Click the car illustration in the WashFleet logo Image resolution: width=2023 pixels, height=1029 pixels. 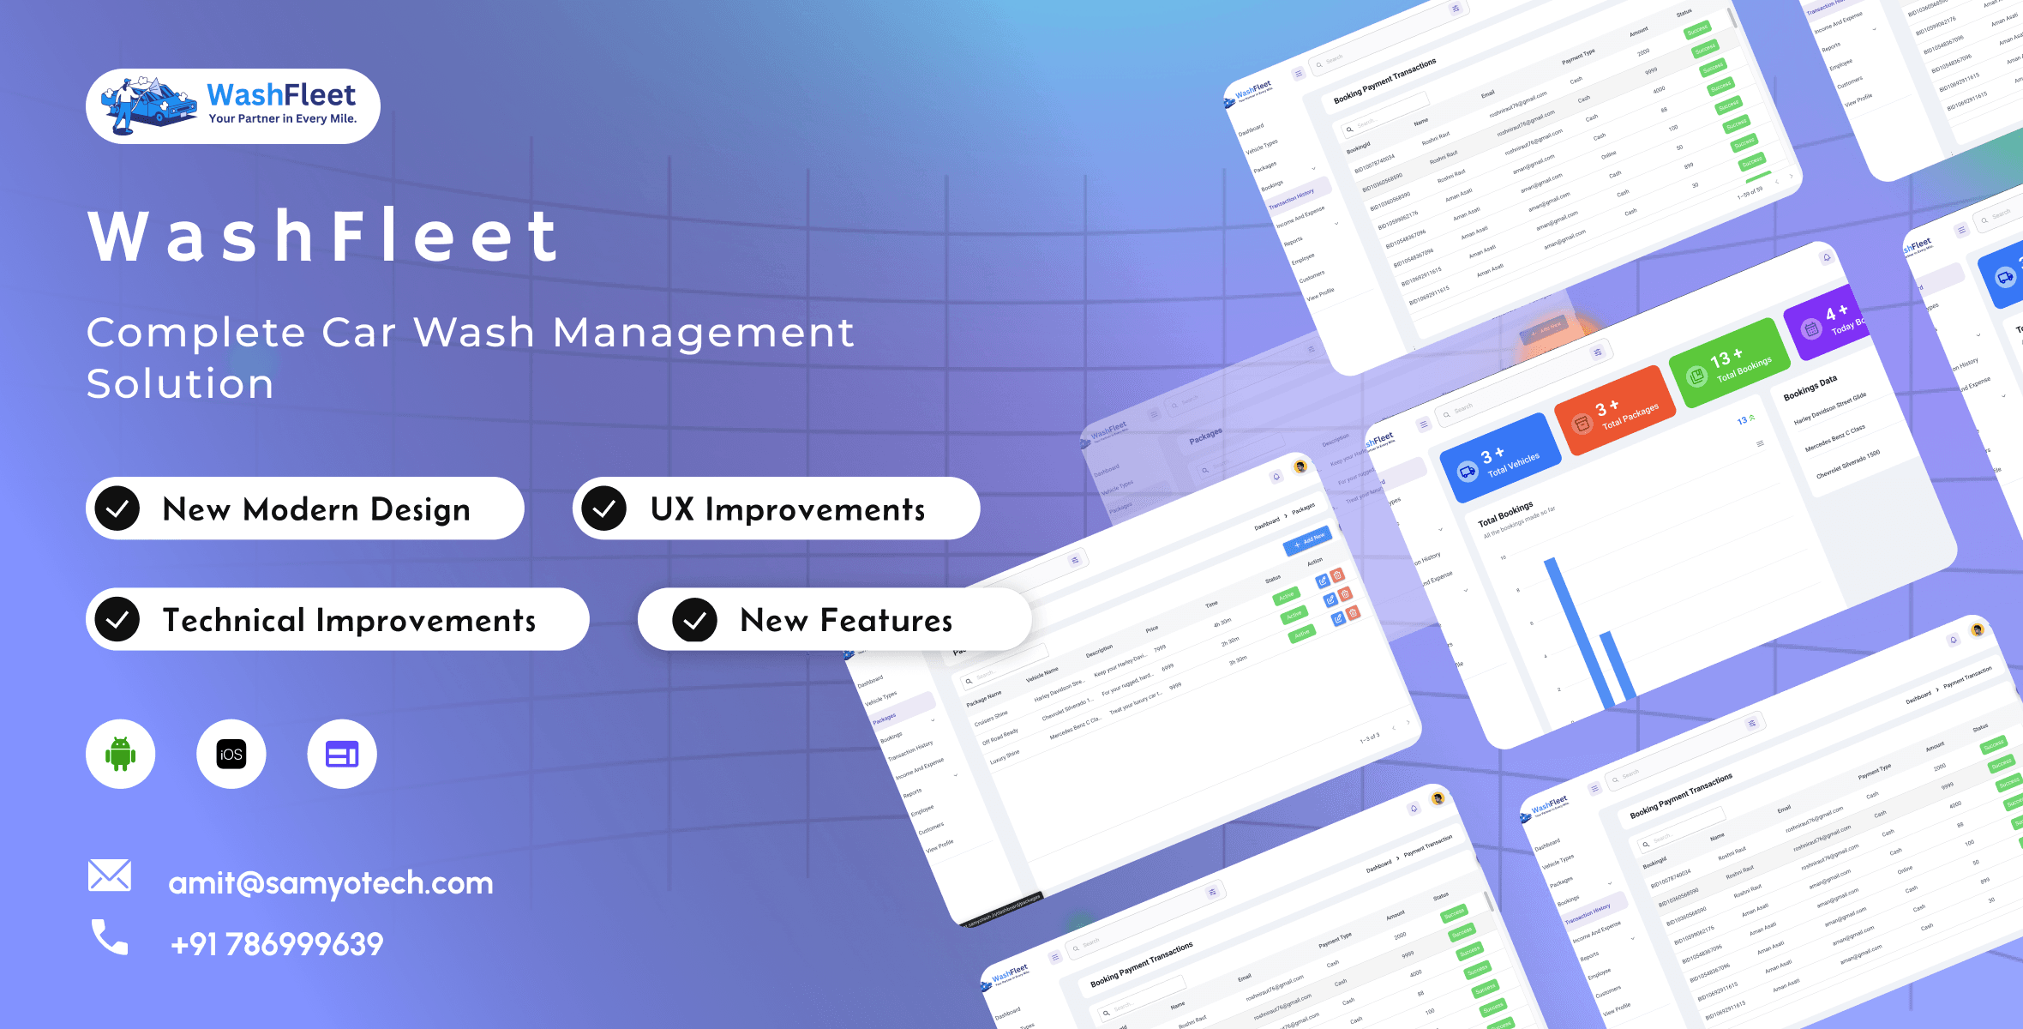tap(151, 105)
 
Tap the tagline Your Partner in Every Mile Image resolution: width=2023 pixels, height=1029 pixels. tap(283, 119)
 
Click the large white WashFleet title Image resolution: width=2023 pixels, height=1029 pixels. tap(325, 236)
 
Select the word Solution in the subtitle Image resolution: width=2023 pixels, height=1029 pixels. tap(180, 383)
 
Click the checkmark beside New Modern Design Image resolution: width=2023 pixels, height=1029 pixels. tap(117, 508)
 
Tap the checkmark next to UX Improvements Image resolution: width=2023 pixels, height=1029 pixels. tap(604, 508)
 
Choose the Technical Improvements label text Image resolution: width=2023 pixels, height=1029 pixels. tap(349, 620)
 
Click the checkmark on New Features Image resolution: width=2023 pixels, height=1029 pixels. tap(695, 620)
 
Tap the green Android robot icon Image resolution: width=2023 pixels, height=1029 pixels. tap(120, 754)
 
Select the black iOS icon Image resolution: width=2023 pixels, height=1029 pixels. tap(231, 754)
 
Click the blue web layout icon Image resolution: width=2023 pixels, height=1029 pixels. tap(342, 754)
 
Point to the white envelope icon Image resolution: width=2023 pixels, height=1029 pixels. tap(110, 876)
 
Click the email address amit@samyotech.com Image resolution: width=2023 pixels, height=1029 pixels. tap(331, 883)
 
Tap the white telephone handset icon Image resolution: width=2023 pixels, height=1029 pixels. tap(110, 937)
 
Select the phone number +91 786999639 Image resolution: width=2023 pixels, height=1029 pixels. tap(277, 944)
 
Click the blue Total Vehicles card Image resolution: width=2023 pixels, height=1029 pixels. tap(1500, 459)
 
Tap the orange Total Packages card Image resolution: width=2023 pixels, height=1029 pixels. tap(1615, 410)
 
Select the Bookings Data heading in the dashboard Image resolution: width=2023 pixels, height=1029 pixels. tap(1810, 388)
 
